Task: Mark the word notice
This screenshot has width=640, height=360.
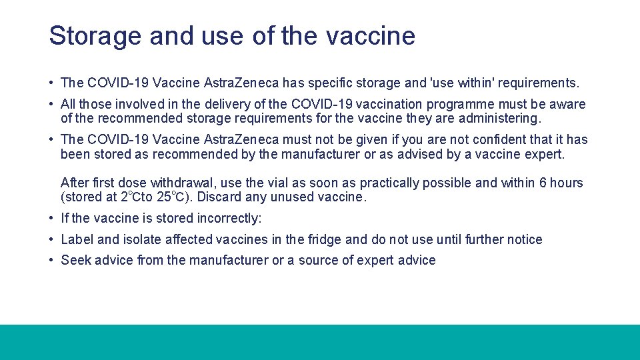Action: point(525,239)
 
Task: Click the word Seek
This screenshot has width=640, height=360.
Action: point(75,261)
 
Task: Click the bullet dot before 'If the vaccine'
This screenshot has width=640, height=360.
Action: point(52,219)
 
